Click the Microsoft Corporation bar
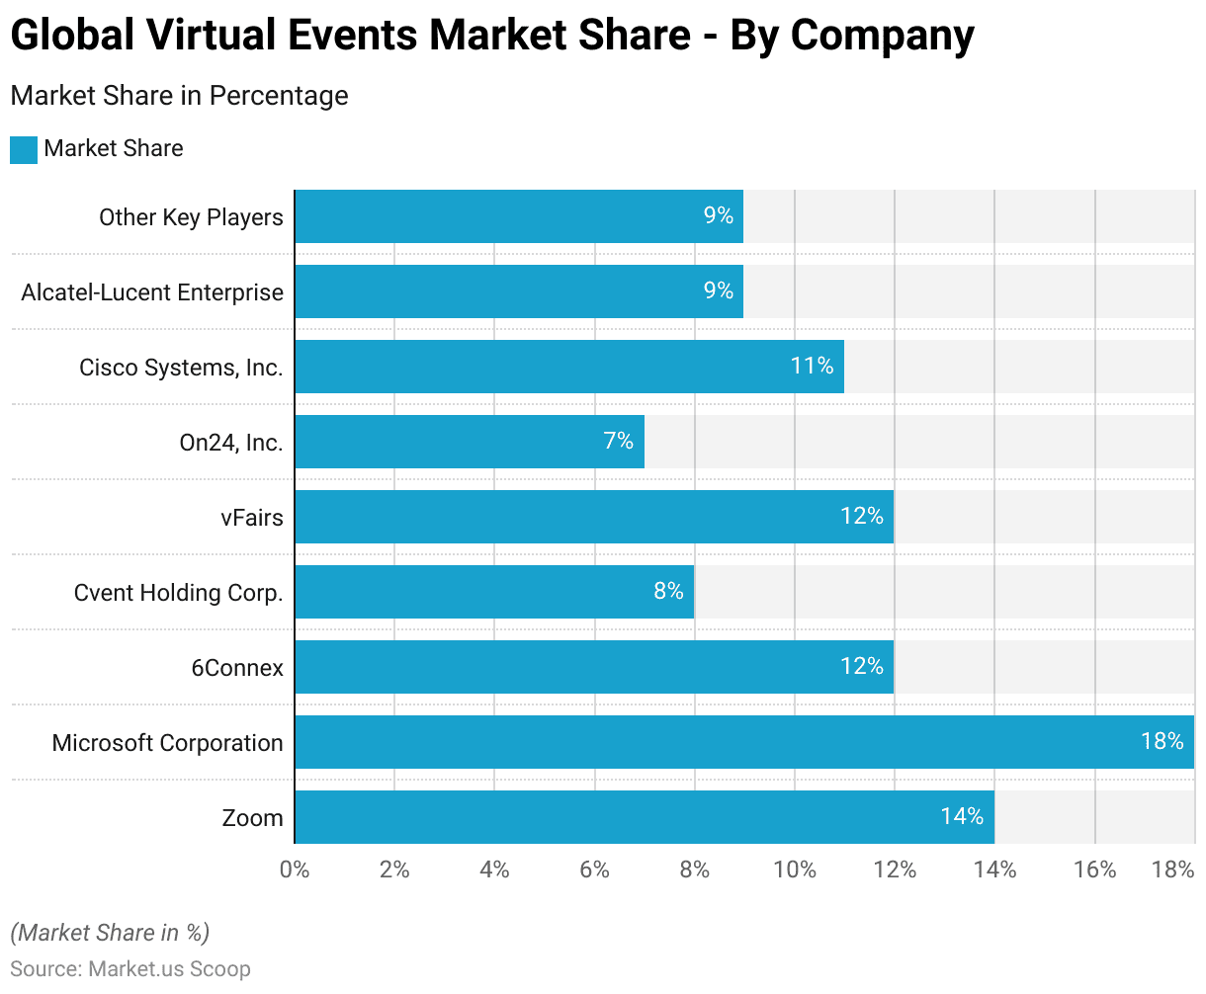tap(743, 742)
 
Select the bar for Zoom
tap(644, 817)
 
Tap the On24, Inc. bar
tap(469, 442)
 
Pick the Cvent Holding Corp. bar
tap(493, 592)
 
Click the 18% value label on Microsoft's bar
tap(1162, 741)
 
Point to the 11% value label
tap(812, 367)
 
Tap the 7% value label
tap(619, 442)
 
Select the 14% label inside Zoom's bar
tap(962, 817)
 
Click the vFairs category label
tap(252, 517)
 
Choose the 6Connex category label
tap(237, 668)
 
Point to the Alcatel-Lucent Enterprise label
tap(152, 292)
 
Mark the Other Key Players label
tap(191, 217)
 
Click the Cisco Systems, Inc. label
tap(181, 368)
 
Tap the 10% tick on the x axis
tap(795, 870)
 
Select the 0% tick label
tap(295, 870)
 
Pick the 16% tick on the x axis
tap(1094, 870)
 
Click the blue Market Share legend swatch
tap(24, 150)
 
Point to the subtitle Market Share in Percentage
tap(179, 96)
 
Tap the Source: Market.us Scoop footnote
tap(130, 969)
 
